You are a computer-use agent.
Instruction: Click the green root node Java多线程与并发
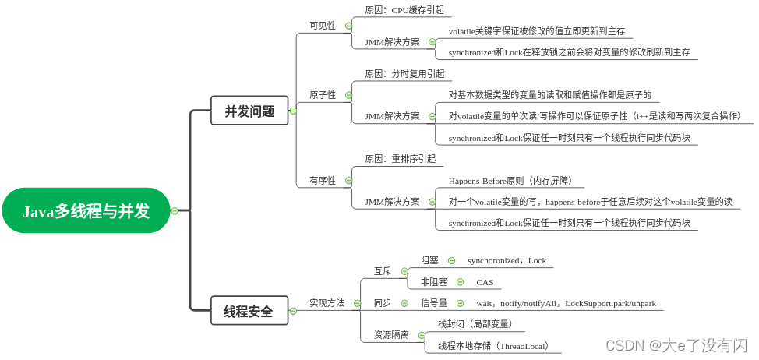(x=86, y=210)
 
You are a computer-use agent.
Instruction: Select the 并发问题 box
(x=249, y=111)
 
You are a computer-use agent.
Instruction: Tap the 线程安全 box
(x=249, y=311)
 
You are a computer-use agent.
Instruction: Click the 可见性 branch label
(x=323, y=26)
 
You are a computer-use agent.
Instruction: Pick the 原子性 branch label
(x=323, y=95)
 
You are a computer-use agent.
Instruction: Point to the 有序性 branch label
(x=323, y=181)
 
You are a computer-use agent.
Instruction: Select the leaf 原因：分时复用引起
(x=404, y=74)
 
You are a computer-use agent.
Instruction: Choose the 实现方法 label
(x=327, y=303)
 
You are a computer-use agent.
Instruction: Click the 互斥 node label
(x=383, y=271)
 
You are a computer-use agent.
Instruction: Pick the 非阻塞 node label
(x=434, y=282)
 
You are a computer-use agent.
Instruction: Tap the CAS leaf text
(x=485, y=282)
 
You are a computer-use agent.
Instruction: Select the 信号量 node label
(x=434, y=303)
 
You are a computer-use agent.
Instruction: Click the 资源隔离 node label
(x=391, y=335)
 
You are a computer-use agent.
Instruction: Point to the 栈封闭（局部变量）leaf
(x=475, y=324)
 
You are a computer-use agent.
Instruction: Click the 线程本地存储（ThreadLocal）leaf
(x=494, y=346)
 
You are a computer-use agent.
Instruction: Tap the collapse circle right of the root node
(x=175, y=210)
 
